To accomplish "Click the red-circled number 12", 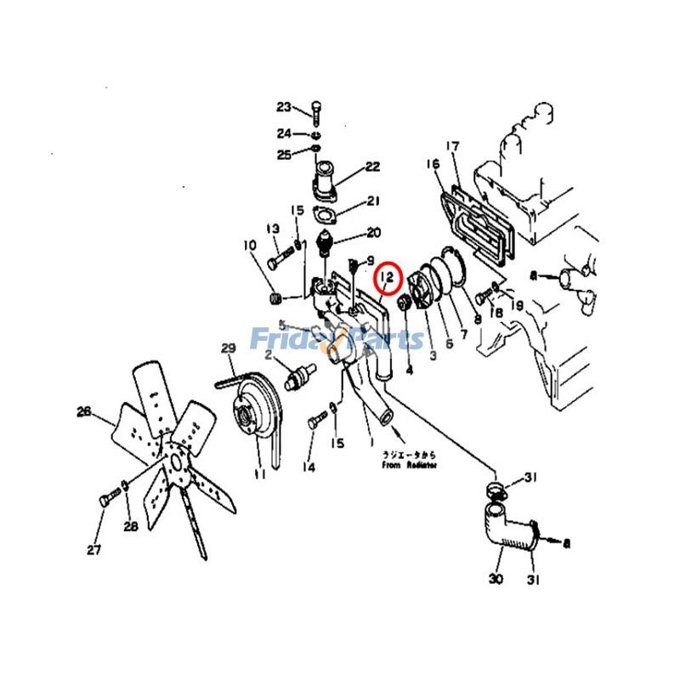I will click(x=388, y=276).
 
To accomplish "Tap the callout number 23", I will click(x=283, y=106).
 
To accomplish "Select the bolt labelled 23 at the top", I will click(x=317, y=110).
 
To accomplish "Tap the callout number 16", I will click(x=433, y=163).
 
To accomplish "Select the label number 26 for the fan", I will click(x=83, y=411).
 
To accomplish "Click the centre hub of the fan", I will click(x=176, y=464).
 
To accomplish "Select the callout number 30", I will click(x=496, y=579).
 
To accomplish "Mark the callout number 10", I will click(x=249, y=246).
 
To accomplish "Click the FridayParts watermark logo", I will click(x=337, y=339).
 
